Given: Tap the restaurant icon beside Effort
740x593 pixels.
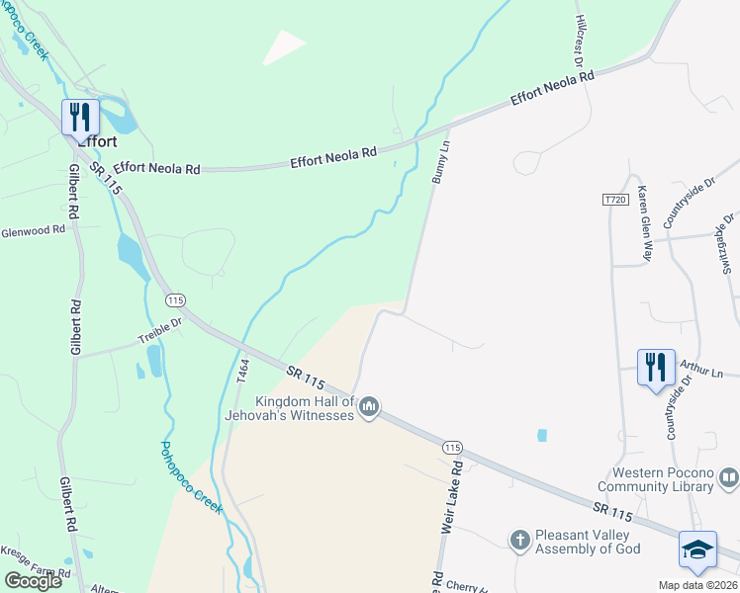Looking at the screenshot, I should tap(79, 117).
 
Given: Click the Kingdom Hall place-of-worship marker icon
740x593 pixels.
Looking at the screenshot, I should tap(369, 407).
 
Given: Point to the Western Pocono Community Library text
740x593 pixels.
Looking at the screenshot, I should tap(655, 479).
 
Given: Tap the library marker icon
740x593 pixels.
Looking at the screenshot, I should tap(729, 479).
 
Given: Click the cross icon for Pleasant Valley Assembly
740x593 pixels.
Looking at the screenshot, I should tap(519, 541).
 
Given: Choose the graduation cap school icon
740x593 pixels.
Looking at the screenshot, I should tap(697, 551).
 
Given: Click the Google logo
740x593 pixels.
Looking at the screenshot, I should tap(34, 581).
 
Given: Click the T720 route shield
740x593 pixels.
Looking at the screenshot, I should tap(615, 200).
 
